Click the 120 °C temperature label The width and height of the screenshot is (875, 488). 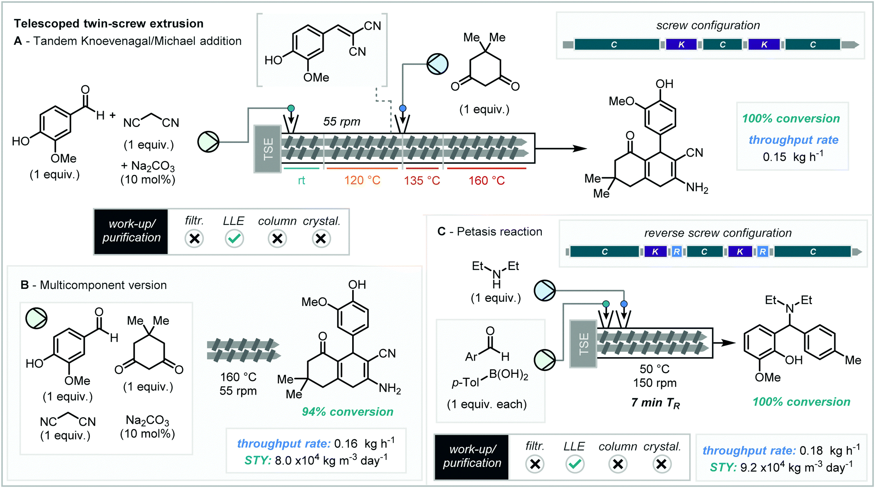coord(362,181)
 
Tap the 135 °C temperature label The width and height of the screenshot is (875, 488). coord(422,181)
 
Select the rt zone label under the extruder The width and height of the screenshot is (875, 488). coord(301,181)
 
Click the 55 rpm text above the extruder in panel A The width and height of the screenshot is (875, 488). coord(341,122)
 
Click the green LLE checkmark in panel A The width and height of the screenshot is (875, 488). coord(234,238)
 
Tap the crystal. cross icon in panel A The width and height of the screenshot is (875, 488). coord(321,238)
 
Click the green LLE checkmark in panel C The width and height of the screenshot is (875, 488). coord(575,464)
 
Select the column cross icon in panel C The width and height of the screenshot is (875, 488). coord(618,464)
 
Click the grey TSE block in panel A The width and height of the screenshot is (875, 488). coord(268,149)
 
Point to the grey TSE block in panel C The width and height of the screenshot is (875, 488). coord(583,344)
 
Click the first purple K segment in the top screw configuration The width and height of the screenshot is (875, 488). coord(681,44)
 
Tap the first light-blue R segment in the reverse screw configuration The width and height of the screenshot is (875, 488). coord(677,252)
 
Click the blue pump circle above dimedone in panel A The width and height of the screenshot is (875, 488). coord(437,64)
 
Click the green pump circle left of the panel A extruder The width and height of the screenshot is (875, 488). coord(208,142)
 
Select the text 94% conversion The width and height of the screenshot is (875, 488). coord(347,412)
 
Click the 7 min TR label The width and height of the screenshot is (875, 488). coord(655,403)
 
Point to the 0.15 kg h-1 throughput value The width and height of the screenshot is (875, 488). coord(792,156)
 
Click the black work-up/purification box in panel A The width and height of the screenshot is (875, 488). coord(131,231)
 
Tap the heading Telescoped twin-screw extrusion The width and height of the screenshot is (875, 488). coord(108,23)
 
